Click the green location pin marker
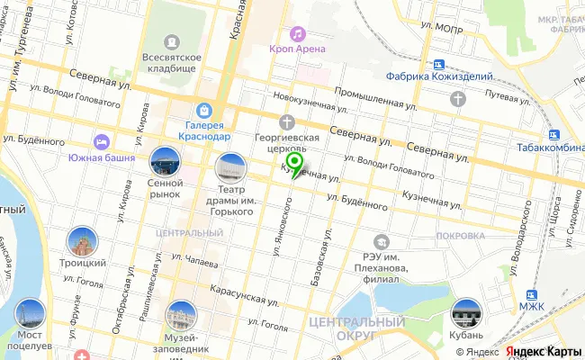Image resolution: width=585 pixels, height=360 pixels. (x=293, y=163)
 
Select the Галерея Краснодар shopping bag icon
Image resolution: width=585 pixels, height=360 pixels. (x=206, y=110)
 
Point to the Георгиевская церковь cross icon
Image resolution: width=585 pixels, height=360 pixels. (x=287, y=121)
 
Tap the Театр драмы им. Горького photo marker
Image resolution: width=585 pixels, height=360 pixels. (x=229, y=167)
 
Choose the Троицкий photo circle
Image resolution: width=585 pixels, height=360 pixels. (x=82, y=241)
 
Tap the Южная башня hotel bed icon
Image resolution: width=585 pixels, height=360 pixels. (x=102, y=142)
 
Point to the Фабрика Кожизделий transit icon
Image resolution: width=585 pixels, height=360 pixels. (x=438, y=64)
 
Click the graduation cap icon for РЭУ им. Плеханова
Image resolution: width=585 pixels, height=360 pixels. (x=383, y=240)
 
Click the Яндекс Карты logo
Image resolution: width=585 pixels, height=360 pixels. (x=543, y=352)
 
